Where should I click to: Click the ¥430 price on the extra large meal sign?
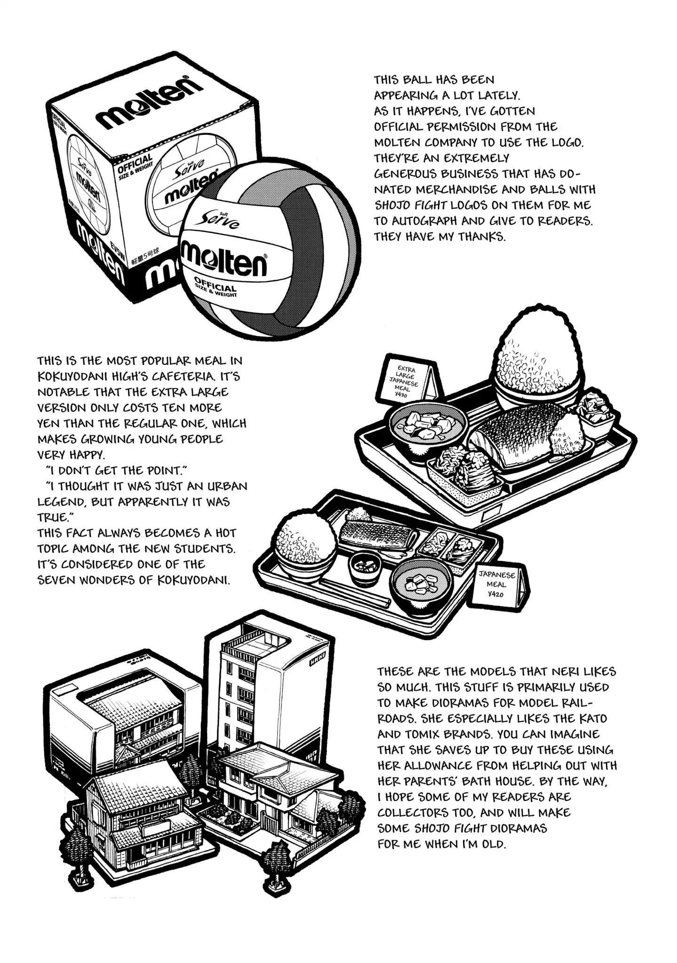pyautogui.click(x=401, y=395)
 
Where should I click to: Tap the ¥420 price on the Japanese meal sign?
pyautogui.click(x=496, y=594)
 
